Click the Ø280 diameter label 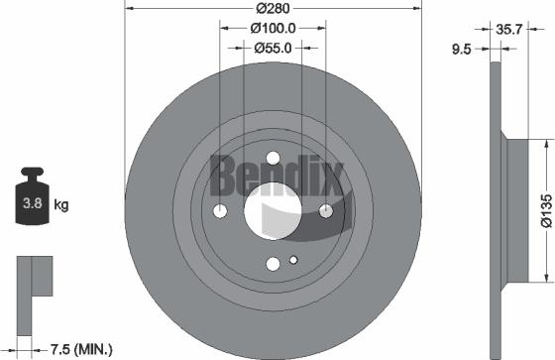click(273, 9)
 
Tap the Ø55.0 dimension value click(273, 47)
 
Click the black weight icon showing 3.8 click(33, 202)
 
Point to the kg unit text click(61, 205)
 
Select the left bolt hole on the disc click(220, 210)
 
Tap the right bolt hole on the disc click(325, 209)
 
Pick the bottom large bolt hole click(273, 263)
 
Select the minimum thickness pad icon click(32, 284)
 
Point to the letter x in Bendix click(330, 180)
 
